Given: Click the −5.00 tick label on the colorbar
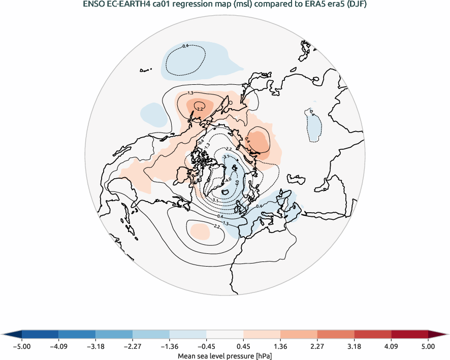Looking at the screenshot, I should point(22,347).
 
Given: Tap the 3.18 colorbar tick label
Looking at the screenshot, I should point(355,347).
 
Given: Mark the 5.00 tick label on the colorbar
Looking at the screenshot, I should point(428,347).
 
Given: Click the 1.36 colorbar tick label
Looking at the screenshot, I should point(280,347).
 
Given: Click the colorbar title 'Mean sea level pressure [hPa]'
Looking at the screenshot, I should point(224,356).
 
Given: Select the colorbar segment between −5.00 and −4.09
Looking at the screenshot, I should point(40,334).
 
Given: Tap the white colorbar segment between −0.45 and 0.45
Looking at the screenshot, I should point(225,334).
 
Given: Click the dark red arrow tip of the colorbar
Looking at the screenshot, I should point(438,334).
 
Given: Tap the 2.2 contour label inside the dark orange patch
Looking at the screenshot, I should point(200,108).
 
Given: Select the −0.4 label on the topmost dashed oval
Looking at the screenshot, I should point(185,46).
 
